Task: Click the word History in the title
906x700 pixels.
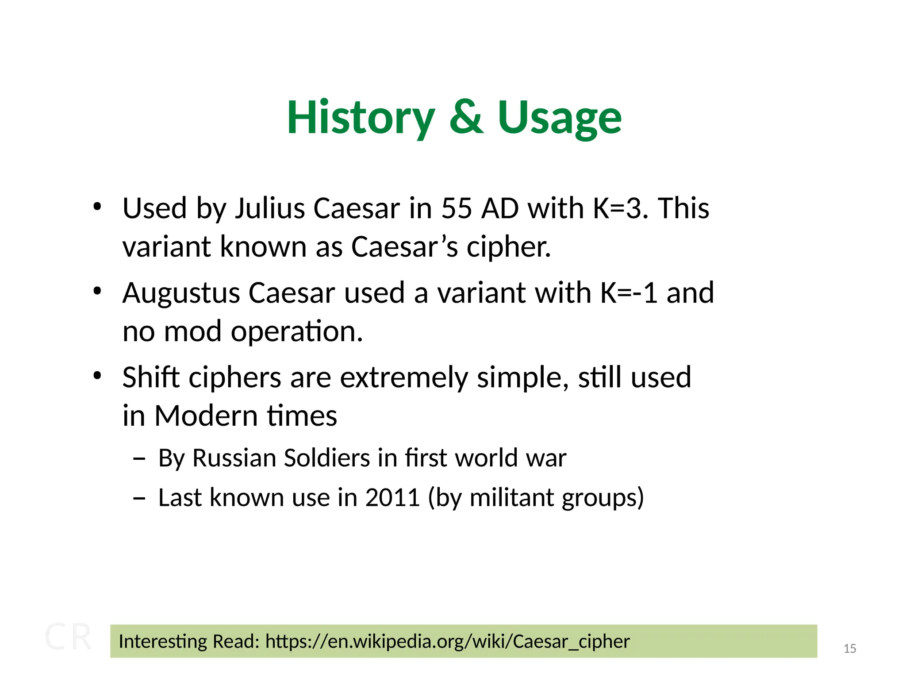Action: (361, 118)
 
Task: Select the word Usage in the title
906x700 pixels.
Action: (560, 118)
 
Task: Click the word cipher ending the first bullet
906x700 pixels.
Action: (509, 247)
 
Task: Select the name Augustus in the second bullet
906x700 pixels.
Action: (181, 293)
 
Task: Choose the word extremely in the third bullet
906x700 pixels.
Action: (403, 378)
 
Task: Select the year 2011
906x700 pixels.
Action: (392, 498)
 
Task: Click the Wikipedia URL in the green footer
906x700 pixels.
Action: (447, 642)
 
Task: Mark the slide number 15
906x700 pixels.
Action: (849, 649)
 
